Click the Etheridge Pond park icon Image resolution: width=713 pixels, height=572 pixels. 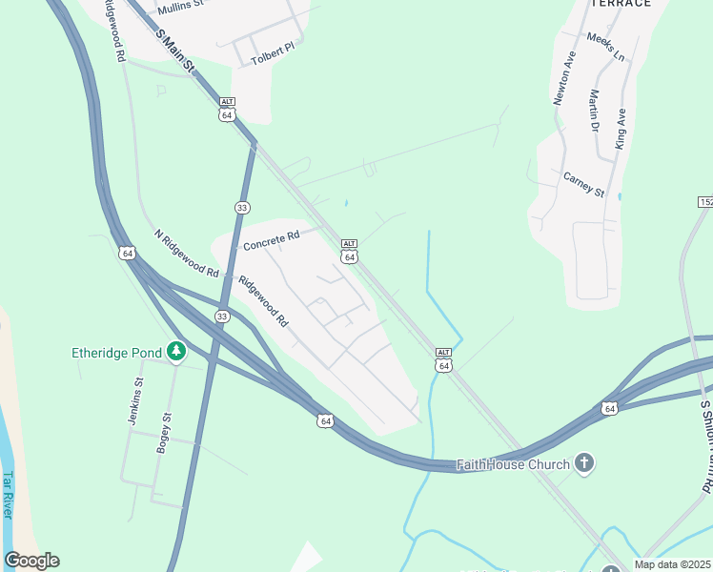[x=175, y=352]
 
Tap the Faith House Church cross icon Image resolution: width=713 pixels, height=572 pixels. [x=584, y=464]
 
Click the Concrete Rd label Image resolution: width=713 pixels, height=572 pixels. [x=271, y=239]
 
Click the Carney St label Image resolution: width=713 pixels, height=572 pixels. [x=583, y=185]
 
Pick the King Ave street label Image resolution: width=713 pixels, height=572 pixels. [x=621, y=129]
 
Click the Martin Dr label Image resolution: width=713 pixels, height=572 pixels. [x=593, y=111]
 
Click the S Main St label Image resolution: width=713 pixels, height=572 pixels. [x=175, y=52]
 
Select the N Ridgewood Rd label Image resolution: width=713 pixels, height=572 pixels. [x=186, y=254]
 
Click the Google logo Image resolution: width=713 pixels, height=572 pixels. [x=31, y=561]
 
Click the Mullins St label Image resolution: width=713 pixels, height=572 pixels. [x=180, y=6]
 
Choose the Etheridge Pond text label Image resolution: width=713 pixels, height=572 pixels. [x=116, y=353]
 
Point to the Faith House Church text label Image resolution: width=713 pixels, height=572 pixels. [x=512, y=465]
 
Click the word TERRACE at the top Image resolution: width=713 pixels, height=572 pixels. [x=621, y=4]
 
